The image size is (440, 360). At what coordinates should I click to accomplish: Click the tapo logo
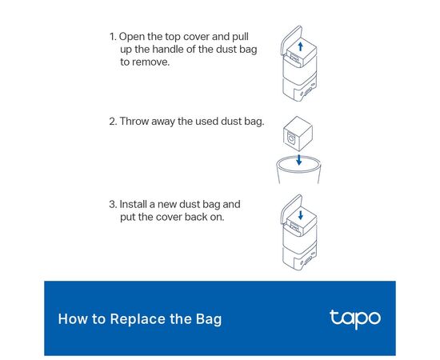coord(355,319)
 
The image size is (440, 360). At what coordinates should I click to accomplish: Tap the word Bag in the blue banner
coord(209,319)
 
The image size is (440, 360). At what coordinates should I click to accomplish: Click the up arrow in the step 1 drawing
coord(301,46)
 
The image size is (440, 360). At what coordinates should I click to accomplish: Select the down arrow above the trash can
coord(299,159)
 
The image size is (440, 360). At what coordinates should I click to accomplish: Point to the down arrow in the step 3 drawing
coord(301,215)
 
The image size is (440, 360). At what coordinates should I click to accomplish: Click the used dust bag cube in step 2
coord(298,134)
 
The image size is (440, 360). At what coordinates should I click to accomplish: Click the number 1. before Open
coord(113,37)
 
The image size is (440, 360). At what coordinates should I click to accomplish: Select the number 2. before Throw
coord(113,122)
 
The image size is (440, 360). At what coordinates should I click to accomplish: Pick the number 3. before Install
coord(113,204)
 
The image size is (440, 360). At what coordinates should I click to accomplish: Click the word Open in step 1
coord(132,38)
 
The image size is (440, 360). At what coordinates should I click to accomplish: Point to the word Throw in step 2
coord(134,122)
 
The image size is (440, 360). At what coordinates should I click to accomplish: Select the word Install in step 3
coord(134,204)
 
